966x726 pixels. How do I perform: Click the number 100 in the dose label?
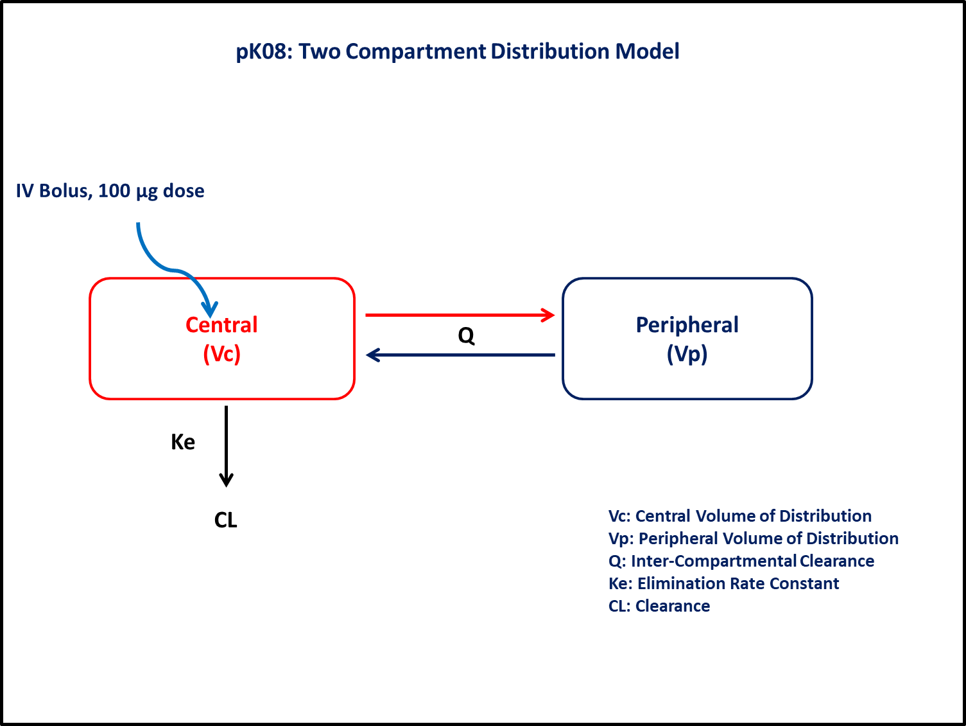[x=114, y=191]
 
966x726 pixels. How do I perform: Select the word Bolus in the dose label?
[x=65, y=191]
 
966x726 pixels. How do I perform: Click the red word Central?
[x=221, y=325]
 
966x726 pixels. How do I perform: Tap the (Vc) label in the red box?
[x=222, y=354]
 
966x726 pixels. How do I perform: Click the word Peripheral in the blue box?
[x=687, y=326]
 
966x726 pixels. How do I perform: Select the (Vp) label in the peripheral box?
[x=687, y=354]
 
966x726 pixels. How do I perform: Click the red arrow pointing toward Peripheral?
[x=460, y=315]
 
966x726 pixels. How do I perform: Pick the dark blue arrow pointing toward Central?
[x=460, y=355]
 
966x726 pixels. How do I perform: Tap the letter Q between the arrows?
[x=466, y=335]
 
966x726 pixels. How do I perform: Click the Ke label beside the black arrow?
[x=183, y=442]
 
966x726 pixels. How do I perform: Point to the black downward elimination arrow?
[x=226, y=447]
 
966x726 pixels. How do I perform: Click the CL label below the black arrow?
[x=226, y=520]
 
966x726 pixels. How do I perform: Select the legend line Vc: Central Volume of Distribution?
[x=740, y=516]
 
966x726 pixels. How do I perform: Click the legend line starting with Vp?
[x=754, y=538]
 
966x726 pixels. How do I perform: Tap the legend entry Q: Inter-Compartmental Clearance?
[x=741, y=561]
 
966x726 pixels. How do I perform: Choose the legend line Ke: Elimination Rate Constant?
[x=723, y=583]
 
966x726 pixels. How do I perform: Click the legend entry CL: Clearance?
[x=659, y=606]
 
